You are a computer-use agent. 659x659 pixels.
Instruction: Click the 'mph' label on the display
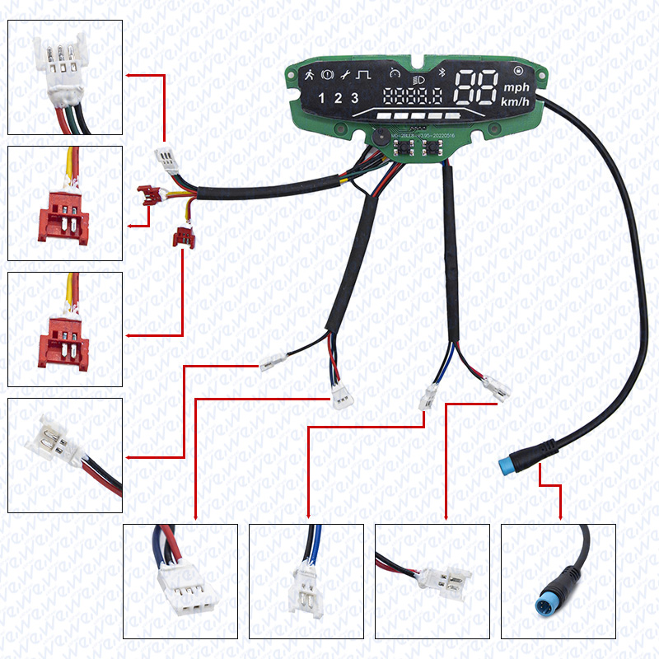[517, 88]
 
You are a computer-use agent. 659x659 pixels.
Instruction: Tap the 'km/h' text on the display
[517, 102]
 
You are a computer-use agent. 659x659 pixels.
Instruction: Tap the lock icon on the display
[519, 70]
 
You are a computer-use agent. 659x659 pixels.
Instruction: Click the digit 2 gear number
[338, 99]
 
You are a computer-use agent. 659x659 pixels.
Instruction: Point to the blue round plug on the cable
[508, 463]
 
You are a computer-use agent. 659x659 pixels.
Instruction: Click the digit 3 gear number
[354, 99]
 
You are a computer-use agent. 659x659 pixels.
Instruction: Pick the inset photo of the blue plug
[558, 581]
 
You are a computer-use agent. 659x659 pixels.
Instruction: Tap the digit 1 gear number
[323, 99]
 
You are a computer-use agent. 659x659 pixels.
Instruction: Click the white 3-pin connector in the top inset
[64, 62]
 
